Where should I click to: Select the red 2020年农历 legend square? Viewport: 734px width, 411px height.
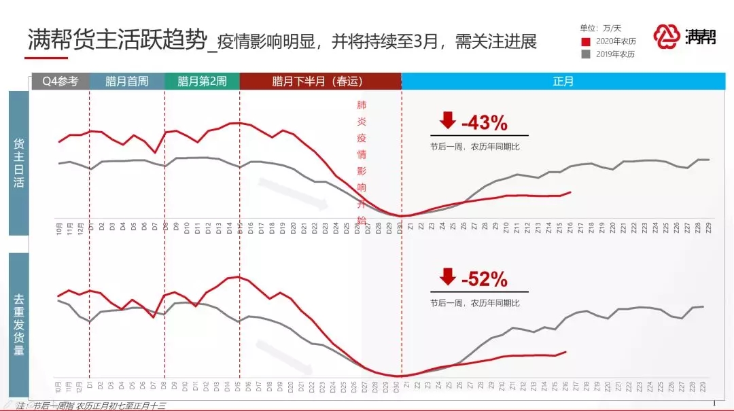point(586,41)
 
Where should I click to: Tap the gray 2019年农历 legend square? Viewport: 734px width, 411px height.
point(586,54)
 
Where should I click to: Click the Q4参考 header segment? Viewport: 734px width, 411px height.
point(60,82)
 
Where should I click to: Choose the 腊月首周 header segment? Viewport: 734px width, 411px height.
point(126,82)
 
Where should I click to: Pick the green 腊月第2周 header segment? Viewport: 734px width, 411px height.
point(202,82)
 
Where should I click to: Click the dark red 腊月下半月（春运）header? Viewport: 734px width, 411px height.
point(319,82)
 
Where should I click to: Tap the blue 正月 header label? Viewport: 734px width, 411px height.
point(563,82)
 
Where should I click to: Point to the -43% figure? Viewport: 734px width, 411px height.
point(484,123)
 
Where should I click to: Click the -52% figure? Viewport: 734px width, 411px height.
point(484,279)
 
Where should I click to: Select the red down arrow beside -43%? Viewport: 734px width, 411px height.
point(447,121)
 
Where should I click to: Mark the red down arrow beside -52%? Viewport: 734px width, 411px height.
point(447,277)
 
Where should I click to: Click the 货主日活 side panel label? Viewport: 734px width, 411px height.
point(19,163)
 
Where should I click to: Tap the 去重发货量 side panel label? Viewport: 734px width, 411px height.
point(19,325)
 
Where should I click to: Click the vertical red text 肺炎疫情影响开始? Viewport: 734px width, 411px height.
point(361,163)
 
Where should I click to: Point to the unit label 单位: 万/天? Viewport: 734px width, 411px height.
point(600,29)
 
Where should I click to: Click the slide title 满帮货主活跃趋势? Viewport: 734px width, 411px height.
point(116,40)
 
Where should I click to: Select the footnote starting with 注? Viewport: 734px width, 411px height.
point(92,406)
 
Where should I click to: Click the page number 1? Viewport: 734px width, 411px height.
point(714,404)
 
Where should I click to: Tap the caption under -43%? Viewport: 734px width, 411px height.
point(474,147)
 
